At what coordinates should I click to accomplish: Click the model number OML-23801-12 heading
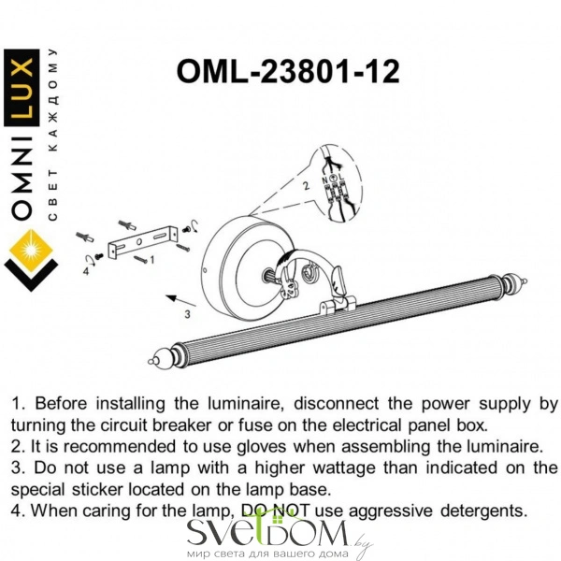[x=288, y=72]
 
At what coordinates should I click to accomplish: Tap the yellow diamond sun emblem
[x=31, y=250]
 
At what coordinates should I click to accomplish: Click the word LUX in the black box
[x=22, y=88]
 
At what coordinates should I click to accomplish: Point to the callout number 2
[x=306, y=186]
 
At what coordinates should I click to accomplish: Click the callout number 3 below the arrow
[x=187, y=314]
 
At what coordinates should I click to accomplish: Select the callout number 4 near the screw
[x=86, y=271]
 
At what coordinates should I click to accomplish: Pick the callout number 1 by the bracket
[x=152, y=259]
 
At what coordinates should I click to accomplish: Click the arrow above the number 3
[x=181, y=300]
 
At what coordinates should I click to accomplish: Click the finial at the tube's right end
[x=515, y=281]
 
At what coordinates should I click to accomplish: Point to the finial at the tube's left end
[x=159, y=358]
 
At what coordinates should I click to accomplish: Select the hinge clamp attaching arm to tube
[x=337, y=305]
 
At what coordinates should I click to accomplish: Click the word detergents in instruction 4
[x=483, y=511]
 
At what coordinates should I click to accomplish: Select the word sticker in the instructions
[x=96, y=489]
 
